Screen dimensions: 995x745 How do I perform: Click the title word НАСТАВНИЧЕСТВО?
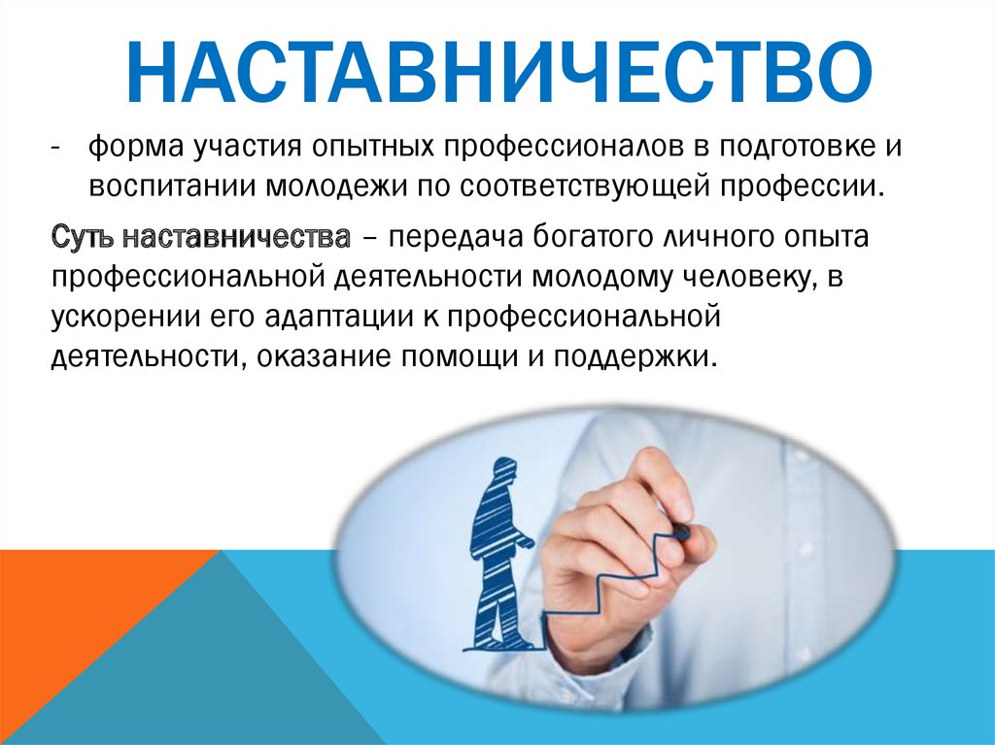[x=498, y=72]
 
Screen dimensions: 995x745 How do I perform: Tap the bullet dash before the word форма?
[x=56, y=148]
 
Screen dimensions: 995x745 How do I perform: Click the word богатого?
[x=594, y=237]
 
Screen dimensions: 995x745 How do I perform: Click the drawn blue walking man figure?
[x=499, y=553]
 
